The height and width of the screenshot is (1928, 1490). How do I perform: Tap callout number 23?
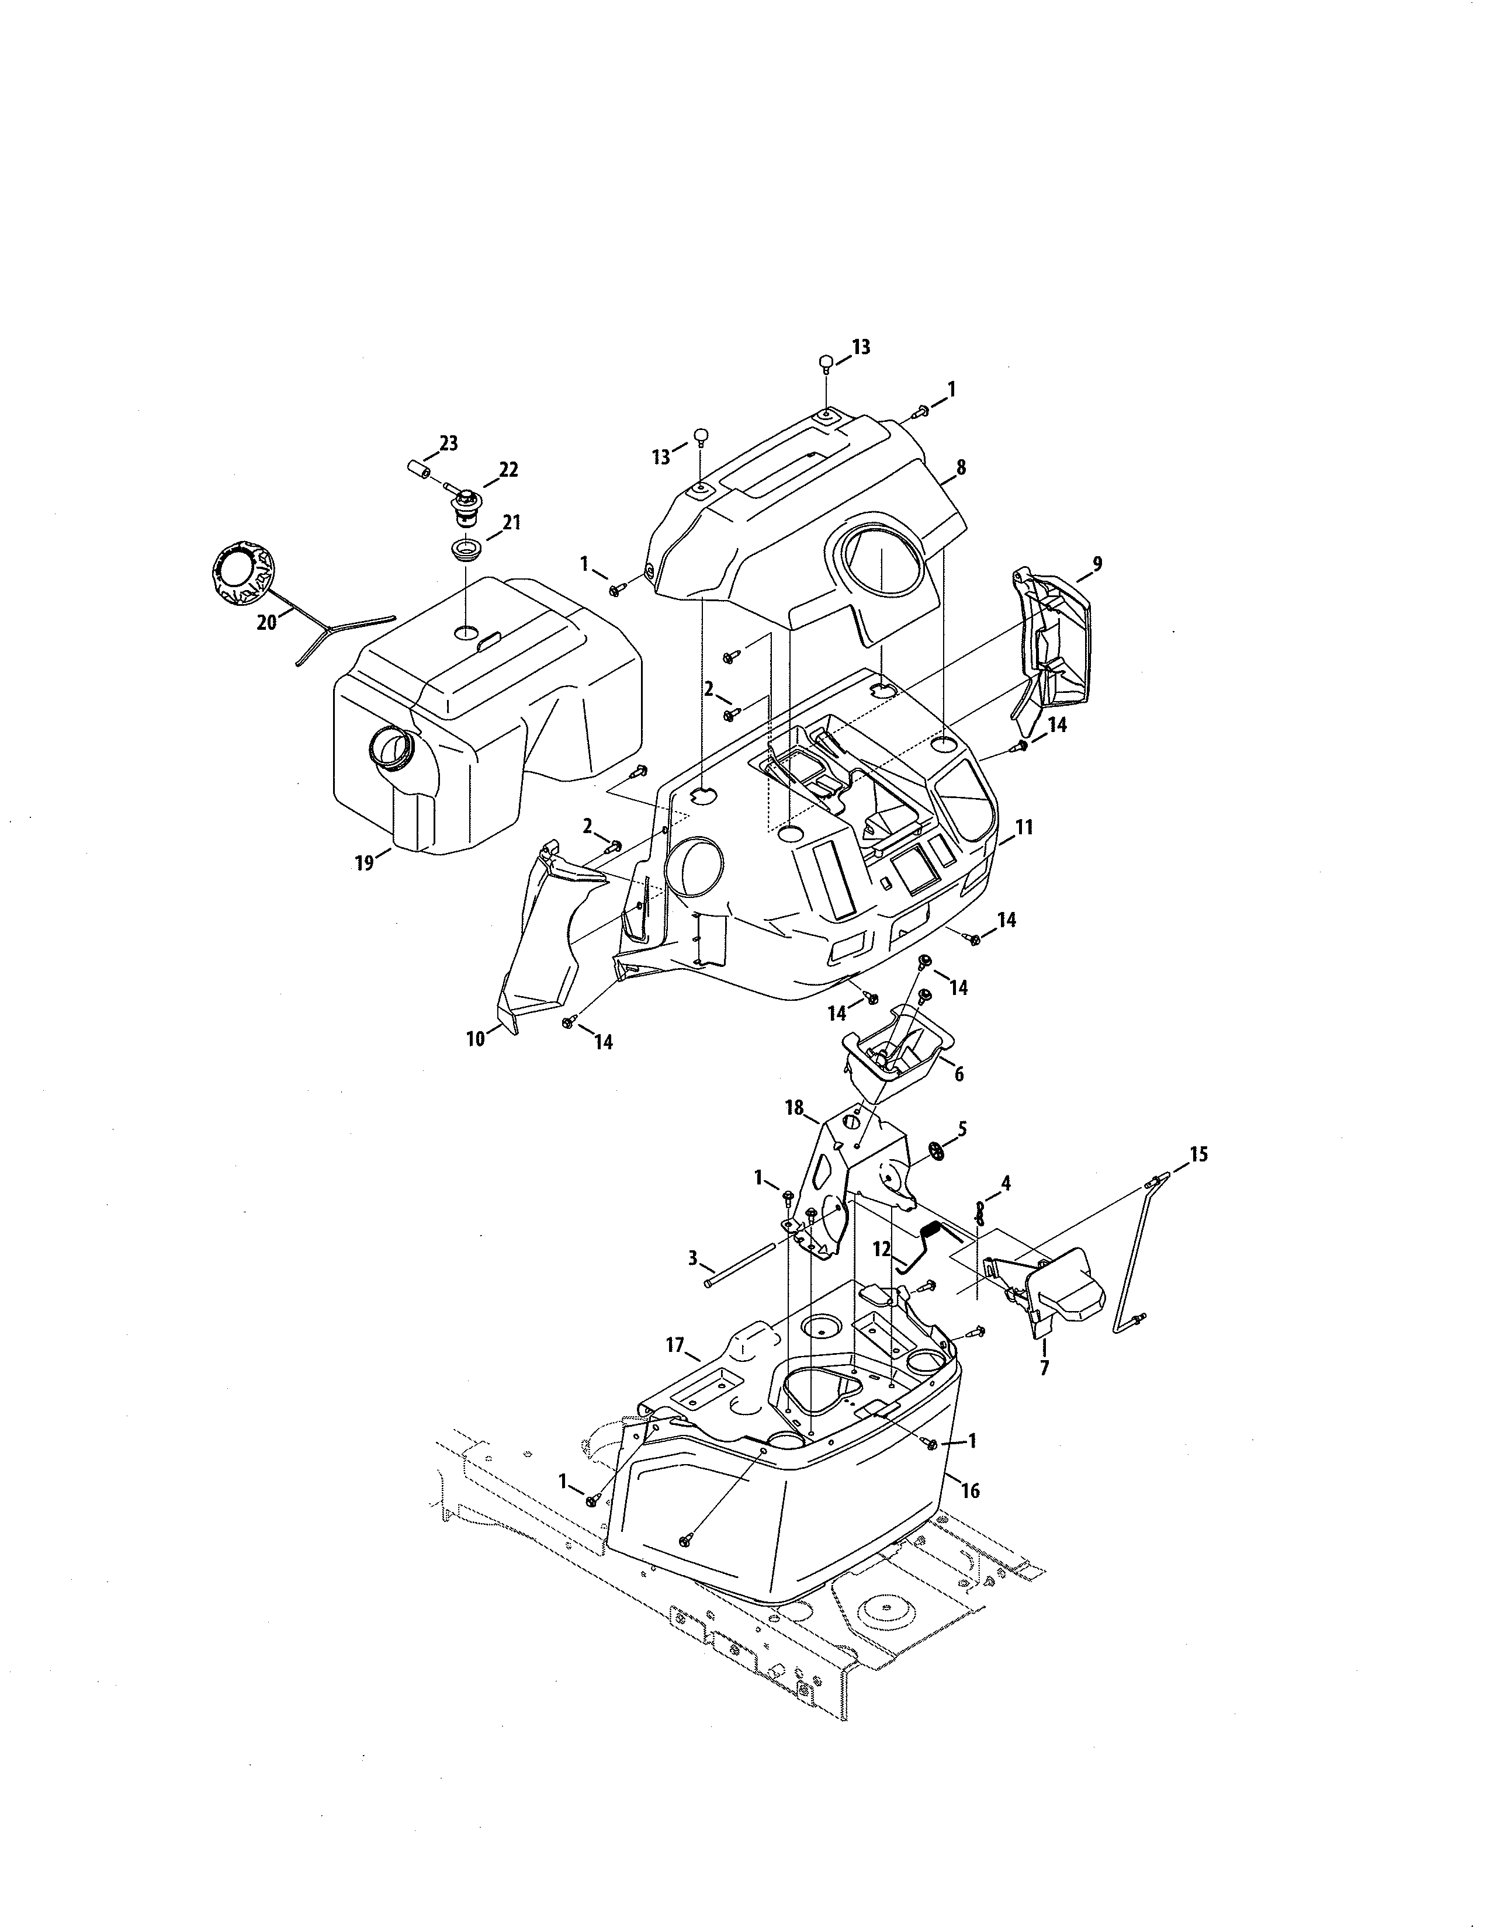pyautogui.click(x=448, y=444)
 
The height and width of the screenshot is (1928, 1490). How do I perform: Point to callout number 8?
pyautogui.click(x=961, y=468)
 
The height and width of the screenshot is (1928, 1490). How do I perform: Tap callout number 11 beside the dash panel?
pyautogui.click(x=1024, y=827)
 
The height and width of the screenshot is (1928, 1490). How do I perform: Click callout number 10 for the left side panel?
pyautogui.click(x=476, y=1039)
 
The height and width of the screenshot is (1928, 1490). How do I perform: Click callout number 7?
pyautogui.click(x=1044, y=1369)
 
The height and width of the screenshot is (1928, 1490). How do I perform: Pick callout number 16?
pyautogui.click(x=970, y=1491)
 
